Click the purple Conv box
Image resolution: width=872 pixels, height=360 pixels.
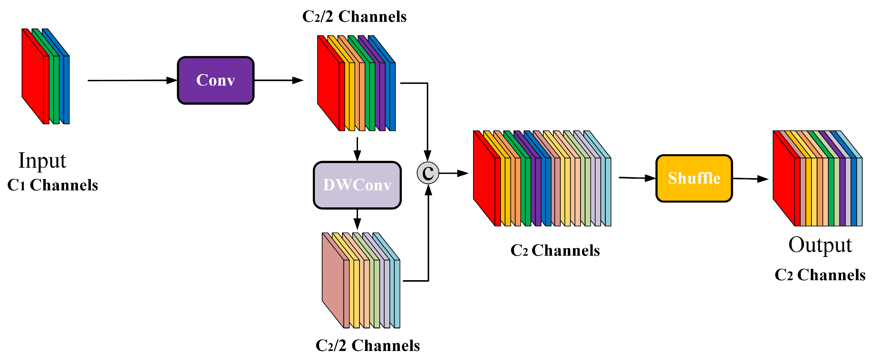click(216, 80)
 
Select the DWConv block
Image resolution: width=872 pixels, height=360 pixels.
click(357, 185)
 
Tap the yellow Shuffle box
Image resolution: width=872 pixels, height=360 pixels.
click(694, 178)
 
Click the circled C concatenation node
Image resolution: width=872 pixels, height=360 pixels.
click(428, 173)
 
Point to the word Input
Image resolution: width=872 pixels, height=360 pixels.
click(42, 160)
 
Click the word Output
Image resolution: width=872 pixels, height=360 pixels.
click(820, 245)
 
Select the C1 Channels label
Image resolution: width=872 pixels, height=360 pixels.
click(53, 185)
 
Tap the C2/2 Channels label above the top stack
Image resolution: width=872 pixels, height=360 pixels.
click(354, 16)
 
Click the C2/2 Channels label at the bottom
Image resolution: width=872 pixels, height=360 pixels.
click(368, 345)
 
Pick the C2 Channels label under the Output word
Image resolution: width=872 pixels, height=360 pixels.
click(820, 274)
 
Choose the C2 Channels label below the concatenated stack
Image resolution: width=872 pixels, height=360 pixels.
click(555, 251)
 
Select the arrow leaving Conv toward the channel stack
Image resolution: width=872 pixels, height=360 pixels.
click(279, 80)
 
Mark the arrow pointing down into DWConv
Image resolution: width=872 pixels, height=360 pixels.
click(357, 149)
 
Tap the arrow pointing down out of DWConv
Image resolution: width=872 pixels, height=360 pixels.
click(357, 220)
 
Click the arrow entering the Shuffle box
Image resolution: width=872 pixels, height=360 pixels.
click(637, 178)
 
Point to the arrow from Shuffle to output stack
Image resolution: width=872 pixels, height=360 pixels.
click(751, 179)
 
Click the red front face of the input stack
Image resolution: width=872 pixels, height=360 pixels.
click(33, 76)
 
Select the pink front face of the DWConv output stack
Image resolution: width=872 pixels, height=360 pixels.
click(333, 280)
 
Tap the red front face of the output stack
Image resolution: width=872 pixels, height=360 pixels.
click(784, 178)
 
